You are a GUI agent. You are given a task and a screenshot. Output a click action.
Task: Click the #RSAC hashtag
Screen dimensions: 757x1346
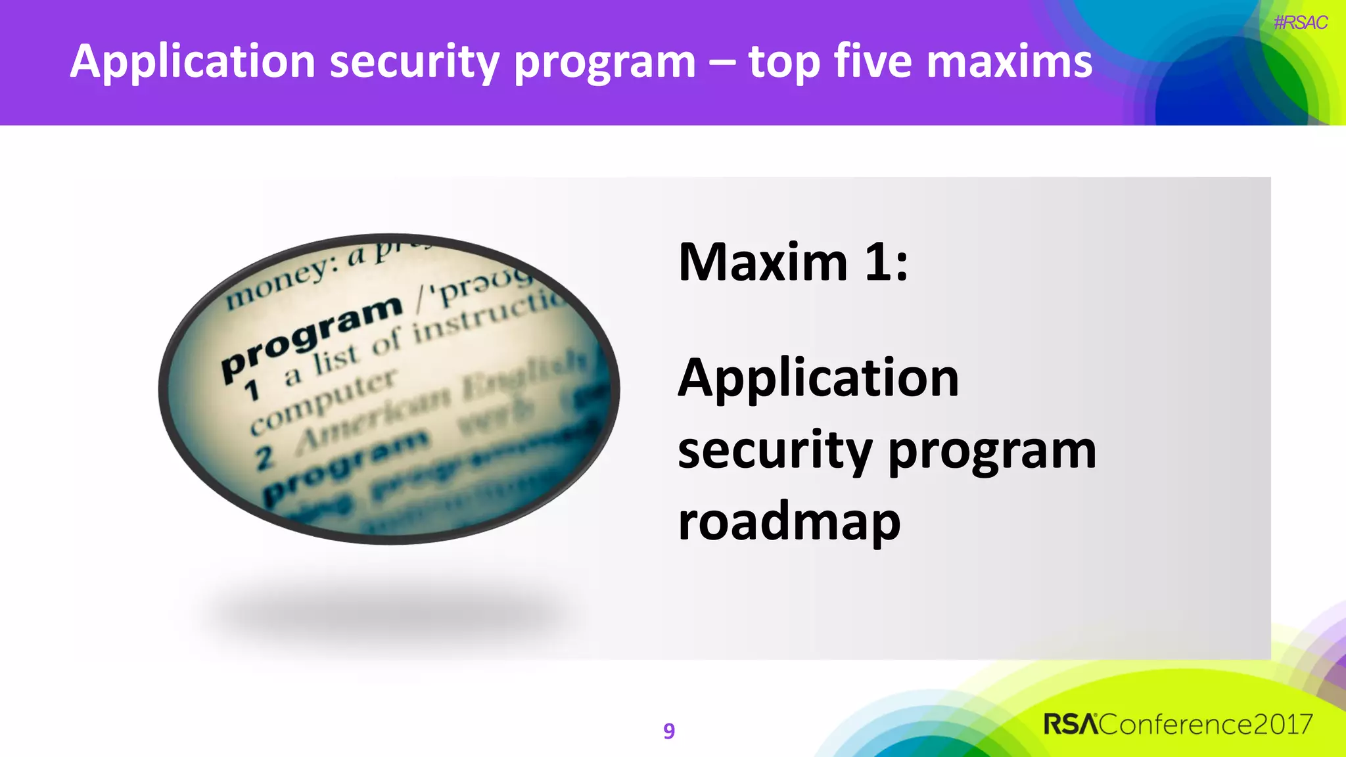[x=1300, y=23]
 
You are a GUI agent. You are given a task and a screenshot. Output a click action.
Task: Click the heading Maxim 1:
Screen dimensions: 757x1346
[x=793, y=262]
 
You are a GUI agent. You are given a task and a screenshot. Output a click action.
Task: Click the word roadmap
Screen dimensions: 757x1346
[x=789, y=522]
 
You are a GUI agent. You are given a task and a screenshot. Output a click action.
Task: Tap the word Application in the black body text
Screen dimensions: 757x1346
[x=818, y=379]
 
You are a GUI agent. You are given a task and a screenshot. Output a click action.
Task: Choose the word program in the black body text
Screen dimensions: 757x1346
[x=992, y=452]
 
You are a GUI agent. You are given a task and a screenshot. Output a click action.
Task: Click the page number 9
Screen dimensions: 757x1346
[x=669, y=731]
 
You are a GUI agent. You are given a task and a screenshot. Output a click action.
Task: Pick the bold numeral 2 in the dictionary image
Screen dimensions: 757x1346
[x=264, y=458]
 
